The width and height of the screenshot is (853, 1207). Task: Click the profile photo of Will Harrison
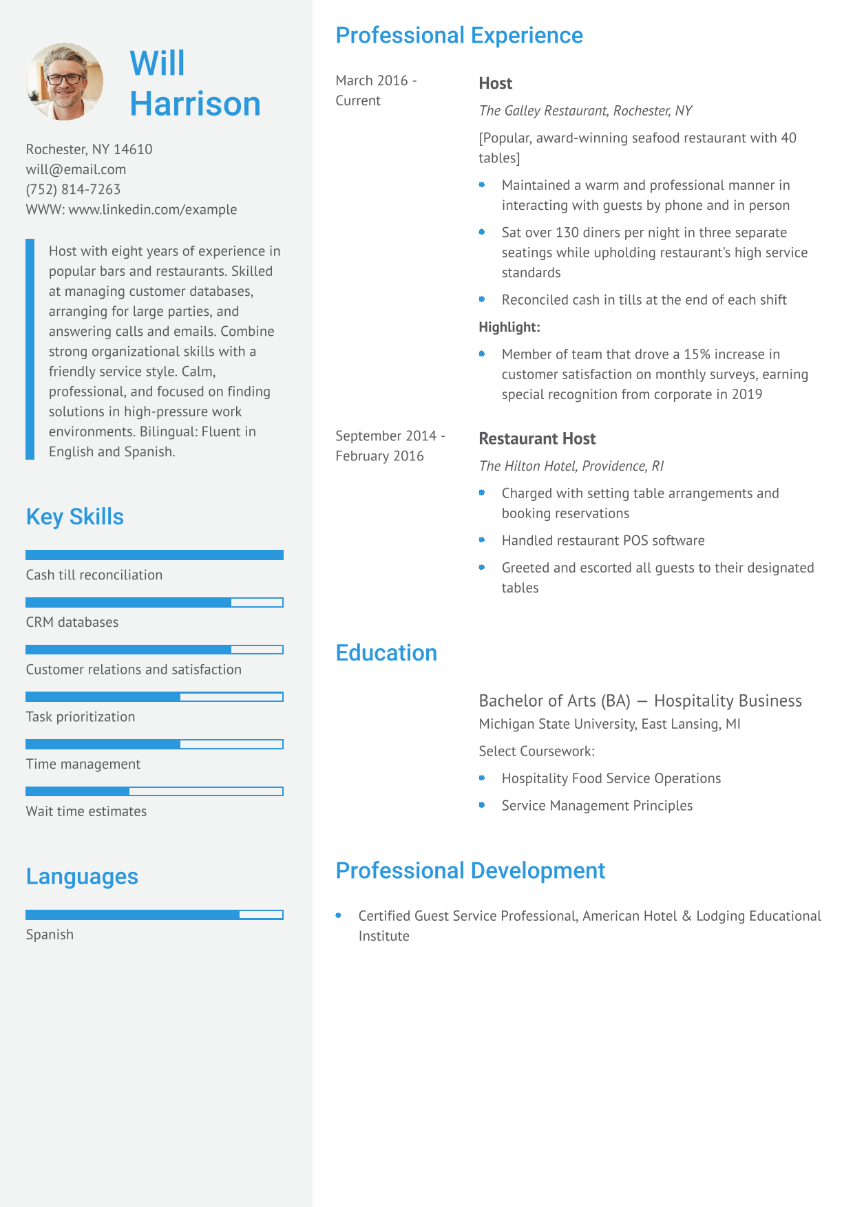pos(65,82)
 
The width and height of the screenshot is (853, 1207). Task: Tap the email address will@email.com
pos(76,169)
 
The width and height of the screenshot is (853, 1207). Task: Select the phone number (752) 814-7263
pos(73,189)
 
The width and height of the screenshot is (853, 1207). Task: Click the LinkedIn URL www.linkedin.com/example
pos(152,209)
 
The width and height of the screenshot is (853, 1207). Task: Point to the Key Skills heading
pos(74,517)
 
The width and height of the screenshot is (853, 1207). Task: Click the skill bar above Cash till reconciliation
pos(154,555)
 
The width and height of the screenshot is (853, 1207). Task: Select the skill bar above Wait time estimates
pos(154,791)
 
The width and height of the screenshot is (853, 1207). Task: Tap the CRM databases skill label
pos(72,622)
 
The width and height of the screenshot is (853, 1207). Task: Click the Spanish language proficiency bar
pos(154,915)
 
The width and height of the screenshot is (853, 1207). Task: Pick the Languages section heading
pos(82,877)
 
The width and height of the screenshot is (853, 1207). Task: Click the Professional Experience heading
pos(459,35)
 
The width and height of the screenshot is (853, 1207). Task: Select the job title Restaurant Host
pos(537,438)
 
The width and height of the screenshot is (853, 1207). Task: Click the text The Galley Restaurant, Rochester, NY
pos(585,111)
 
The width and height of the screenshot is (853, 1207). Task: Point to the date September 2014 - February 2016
pos(390,446)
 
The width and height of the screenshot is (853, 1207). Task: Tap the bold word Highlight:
pos(509,327)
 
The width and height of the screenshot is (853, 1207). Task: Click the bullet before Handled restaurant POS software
pos(482,540)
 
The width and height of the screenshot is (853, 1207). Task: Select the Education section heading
pos(386,653)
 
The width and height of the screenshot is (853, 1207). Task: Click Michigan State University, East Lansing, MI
pos(609,724)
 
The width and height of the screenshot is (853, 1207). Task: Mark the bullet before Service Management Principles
pos(482,805)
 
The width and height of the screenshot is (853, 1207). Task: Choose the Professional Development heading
pos(470,870)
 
